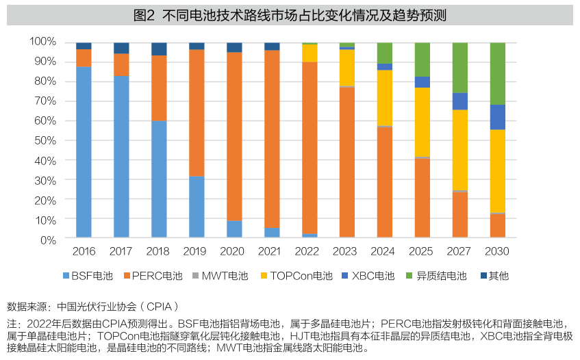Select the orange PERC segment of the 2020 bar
(234, 137)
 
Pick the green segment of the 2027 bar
(460, 68)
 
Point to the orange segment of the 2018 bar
(159, 88)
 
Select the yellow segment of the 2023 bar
(347, 68)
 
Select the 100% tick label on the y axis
(42, 42)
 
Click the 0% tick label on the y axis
(48, 240)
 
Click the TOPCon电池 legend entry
(295, 276)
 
